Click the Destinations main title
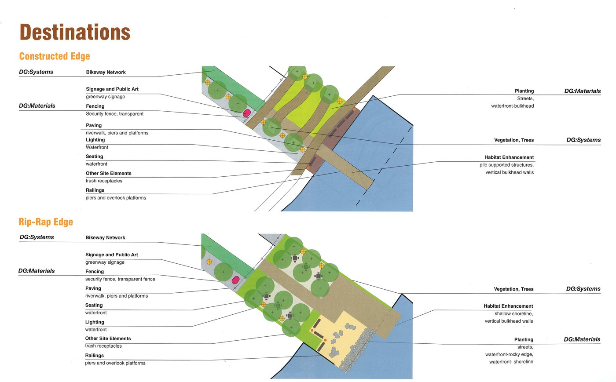[75, 32]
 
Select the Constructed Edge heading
[55, 56]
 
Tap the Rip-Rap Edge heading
[46, 222]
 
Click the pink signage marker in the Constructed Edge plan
[246, 113]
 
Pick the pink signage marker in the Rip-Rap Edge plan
[235, 280]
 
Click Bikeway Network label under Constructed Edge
[106, 72]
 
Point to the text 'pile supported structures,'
[506, 165]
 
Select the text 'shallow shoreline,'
[514, 313]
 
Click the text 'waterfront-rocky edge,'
[509, 354]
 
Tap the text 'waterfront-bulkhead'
[512, 106]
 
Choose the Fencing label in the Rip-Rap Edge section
[95, 272]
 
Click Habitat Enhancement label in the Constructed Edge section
[509, 157]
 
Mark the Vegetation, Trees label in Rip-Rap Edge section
[514, 289]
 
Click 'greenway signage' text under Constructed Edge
[105, 97]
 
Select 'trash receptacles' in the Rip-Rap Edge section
[103, 346]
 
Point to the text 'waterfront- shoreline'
[511, 362]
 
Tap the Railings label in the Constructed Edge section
[95, 190]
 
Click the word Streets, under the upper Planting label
[525, 98]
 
